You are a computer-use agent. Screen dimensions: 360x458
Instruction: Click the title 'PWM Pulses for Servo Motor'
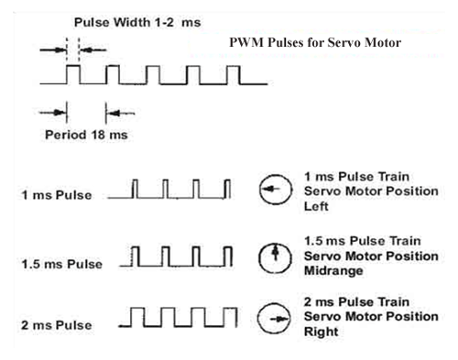[317, 42]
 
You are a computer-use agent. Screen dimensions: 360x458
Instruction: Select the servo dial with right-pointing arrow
[273, 321]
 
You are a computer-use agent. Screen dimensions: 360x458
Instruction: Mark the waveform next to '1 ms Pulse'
[170, 191]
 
